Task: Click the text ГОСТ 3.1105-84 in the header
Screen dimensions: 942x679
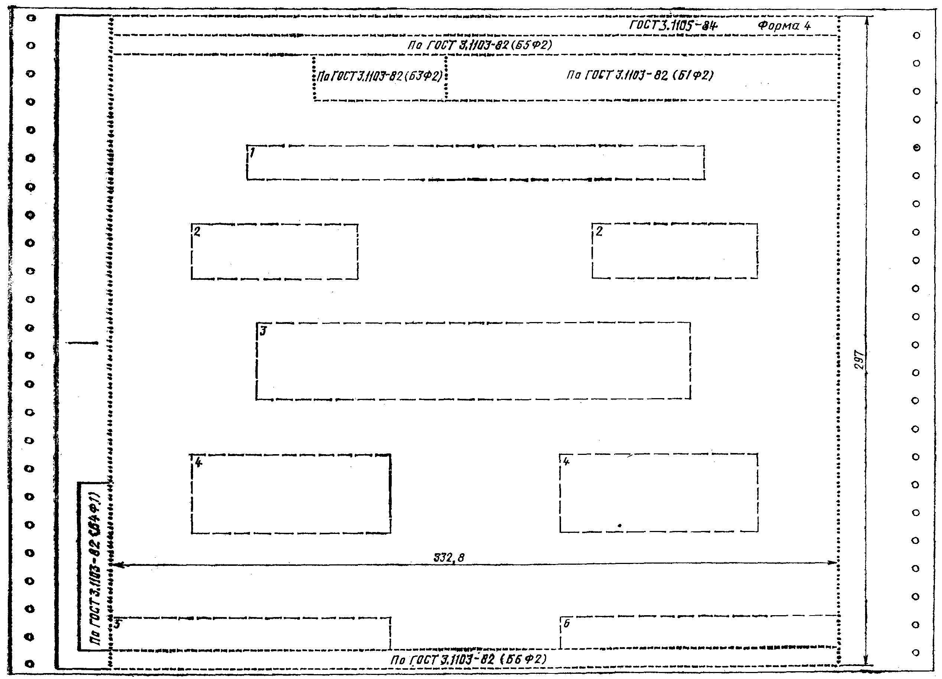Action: click(673, 26)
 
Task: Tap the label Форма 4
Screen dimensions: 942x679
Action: click(784, 26)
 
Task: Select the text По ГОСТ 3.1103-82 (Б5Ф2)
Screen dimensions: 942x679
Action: click(480, 45)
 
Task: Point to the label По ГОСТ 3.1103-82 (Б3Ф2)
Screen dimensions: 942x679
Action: click(379, 76)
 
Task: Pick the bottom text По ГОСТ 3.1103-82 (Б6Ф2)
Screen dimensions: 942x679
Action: click(468, 659)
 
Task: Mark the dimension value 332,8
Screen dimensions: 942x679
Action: click(449, 558)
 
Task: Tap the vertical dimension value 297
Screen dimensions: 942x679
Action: click(859, 360)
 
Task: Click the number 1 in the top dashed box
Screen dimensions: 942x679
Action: click(252, 153)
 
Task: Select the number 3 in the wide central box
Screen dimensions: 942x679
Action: click(263, 331)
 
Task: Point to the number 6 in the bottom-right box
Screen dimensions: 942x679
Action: click(567, 623)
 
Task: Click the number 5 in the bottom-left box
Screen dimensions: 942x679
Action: click(118, 624)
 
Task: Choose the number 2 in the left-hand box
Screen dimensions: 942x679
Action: click(197, 232)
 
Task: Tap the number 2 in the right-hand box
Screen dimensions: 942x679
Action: click(599, 232)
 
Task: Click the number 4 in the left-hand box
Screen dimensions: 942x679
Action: click(199, 462)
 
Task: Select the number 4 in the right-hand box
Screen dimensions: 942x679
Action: click(566, 461)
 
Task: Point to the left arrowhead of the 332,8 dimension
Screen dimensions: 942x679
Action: click(118, 564)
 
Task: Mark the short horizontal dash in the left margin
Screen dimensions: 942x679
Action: click(83, 343)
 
